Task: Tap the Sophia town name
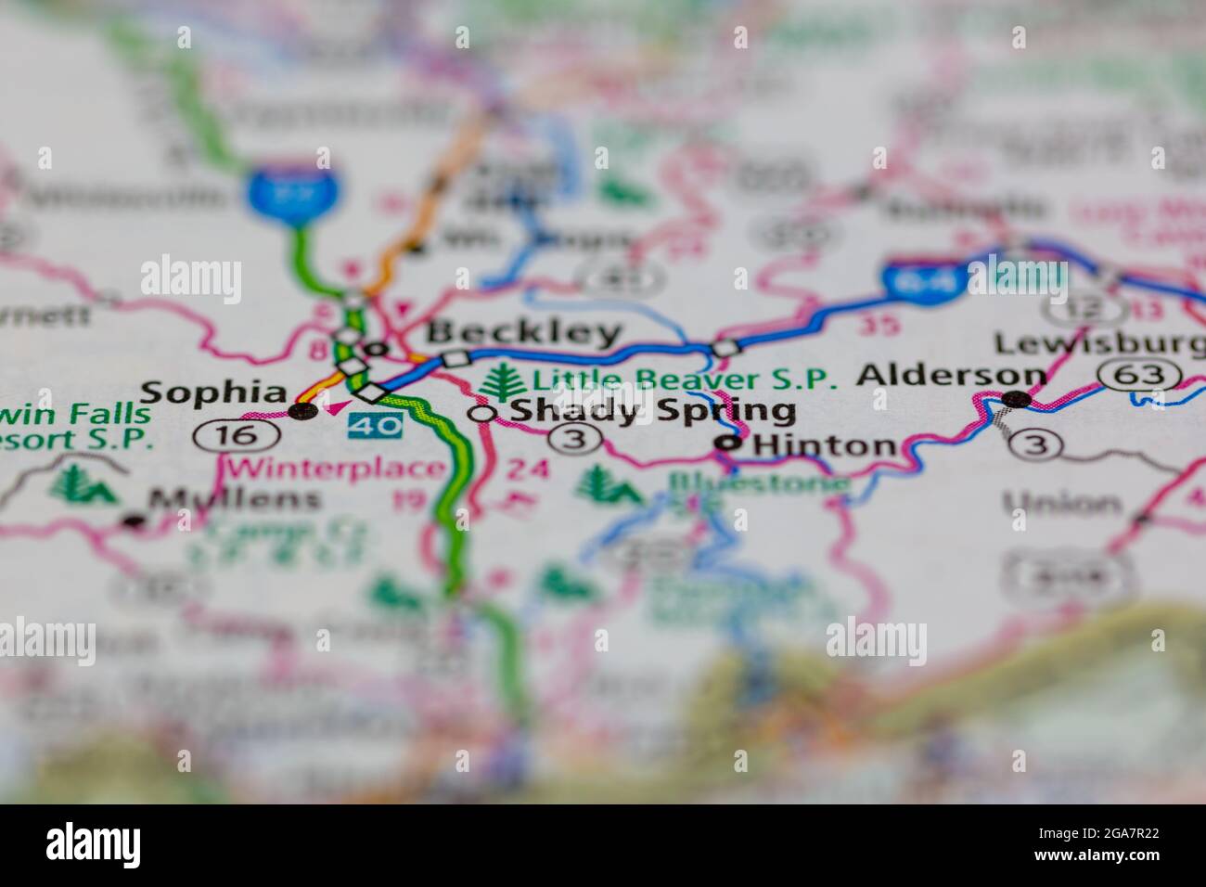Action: pos(212,393)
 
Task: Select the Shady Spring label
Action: pos(652,410)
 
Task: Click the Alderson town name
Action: pos(951,375)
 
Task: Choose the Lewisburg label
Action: pos(1099,344)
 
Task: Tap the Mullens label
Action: pos(236,499)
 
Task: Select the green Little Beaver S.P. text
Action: pos(685,379)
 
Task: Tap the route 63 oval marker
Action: pos(1139,375)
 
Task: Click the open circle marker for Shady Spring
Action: pos(481,414)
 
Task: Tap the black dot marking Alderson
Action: pos(1018,399)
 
